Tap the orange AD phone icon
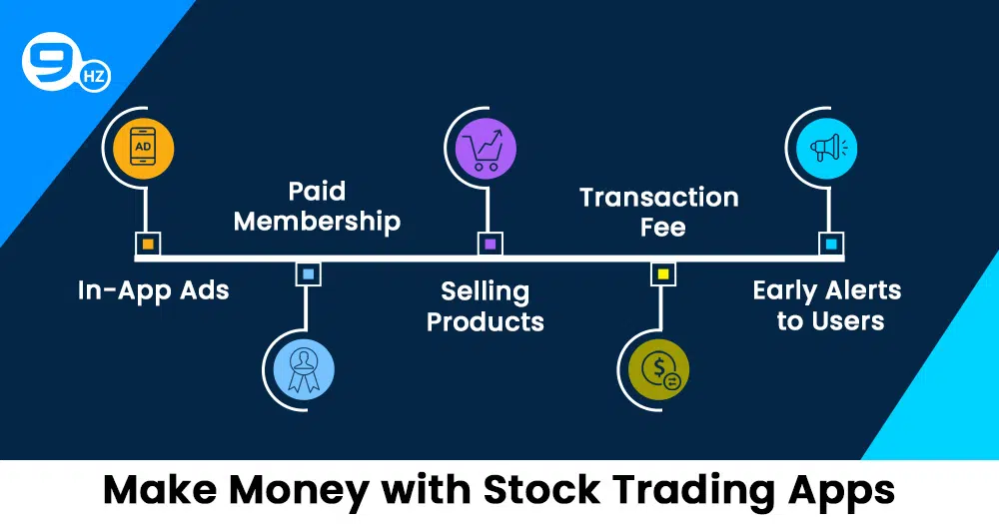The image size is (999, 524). coord(143,149)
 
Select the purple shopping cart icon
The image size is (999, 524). coord(486,149)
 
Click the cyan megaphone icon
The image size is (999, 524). coord(826,149)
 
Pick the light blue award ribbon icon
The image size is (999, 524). coord(304,370)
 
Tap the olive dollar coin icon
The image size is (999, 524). coord(658,370)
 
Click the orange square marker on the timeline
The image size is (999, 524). coord(148,244)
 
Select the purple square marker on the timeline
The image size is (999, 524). coord(490,244)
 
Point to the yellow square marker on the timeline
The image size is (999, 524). coord(663,273)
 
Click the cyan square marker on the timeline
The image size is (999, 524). coord(831,244)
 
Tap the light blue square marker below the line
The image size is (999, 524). coord(309,273)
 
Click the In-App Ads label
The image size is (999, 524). coord(154,291)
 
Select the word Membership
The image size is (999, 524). coord(318,221)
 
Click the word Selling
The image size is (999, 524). coord(486,292)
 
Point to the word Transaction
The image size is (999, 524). coord(659,198)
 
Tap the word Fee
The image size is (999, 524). coord(663,228)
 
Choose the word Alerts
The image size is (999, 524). coord(863,291)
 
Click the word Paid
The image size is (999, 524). coord(318,191)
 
